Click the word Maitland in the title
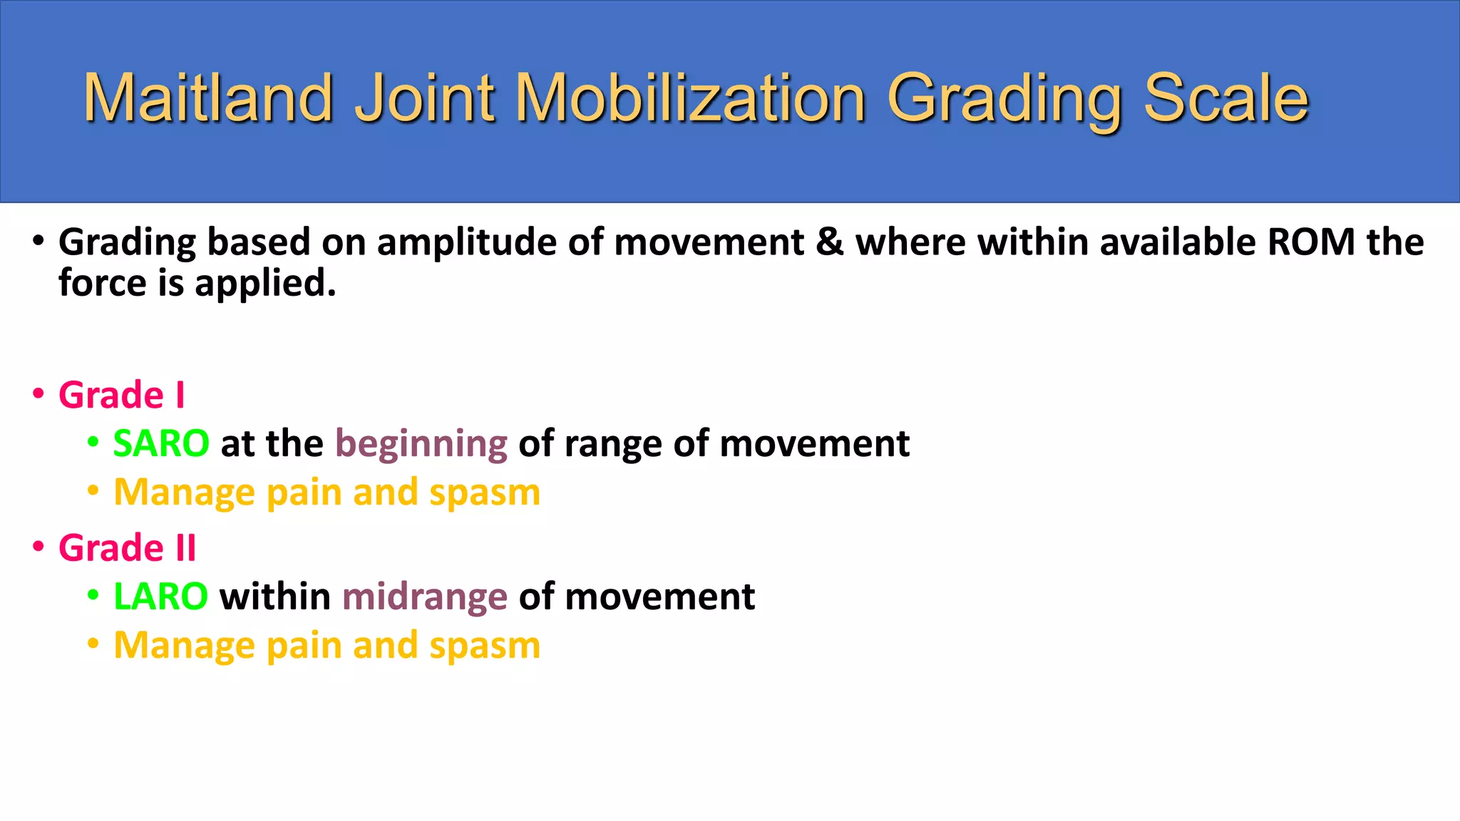[208, 98]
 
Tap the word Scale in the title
[1225, 98]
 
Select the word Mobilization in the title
[689, 98]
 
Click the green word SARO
[161, 443]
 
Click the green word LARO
[160, 597]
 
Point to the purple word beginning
[421, 445]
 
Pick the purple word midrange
[425, 597]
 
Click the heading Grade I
[121, 395]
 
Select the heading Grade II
[127, 548]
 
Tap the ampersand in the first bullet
[830, 242]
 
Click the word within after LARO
[275, 597]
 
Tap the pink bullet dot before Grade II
[38, 547]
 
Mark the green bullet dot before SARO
[93, 442]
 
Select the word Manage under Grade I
[184, 492]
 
